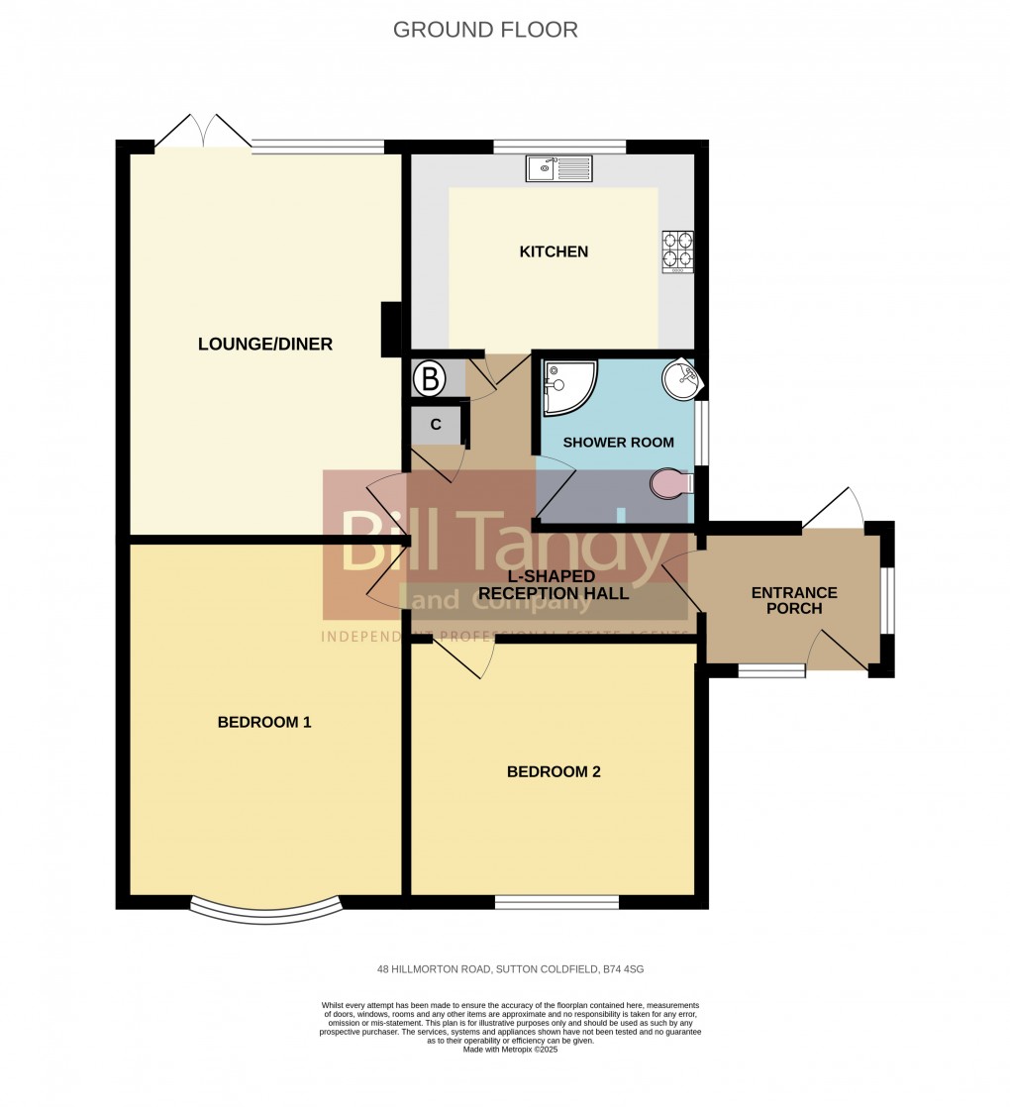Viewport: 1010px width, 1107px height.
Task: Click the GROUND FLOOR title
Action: click(x=485, y=30)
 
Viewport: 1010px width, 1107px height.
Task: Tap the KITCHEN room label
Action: click(x=554, y=252)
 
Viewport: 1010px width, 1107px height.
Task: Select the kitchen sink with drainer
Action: click(x=559, y=169)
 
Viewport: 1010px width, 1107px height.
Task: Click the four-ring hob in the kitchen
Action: click(x=677, y=251)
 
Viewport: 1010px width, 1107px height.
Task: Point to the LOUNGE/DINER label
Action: click(x=265, y=345)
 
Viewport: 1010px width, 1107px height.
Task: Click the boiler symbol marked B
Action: click(x=430, y=377)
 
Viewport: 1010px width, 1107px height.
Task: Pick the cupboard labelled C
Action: click(x=436, y=425)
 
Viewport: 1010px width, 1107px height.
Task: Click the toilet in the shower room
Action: click(x=672, y=482)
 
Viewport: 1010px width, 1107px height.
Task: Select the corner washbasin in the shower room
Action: click(x=679, y=378)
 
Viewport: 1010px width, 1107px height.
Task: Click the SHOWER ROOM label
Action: click(x=618, y=443)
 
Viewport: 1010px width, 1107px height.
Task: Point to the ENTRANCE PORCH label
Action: click(x=794, y=600)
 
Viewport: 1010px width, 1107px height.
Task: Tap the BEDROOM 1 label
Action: click(x=264, y=722)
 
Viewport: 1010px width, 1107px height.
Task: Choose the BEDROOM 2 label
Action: click(x=554, y=771)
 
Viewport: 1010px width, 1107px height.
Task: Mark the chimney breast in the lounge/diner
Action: click(x=391, y=329)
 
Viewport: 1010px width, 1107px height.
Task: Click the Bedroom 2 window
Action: click(x=556, y=902)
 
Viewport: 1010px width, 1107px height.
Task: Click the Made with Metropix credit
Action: click(x=510, y=1049)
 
